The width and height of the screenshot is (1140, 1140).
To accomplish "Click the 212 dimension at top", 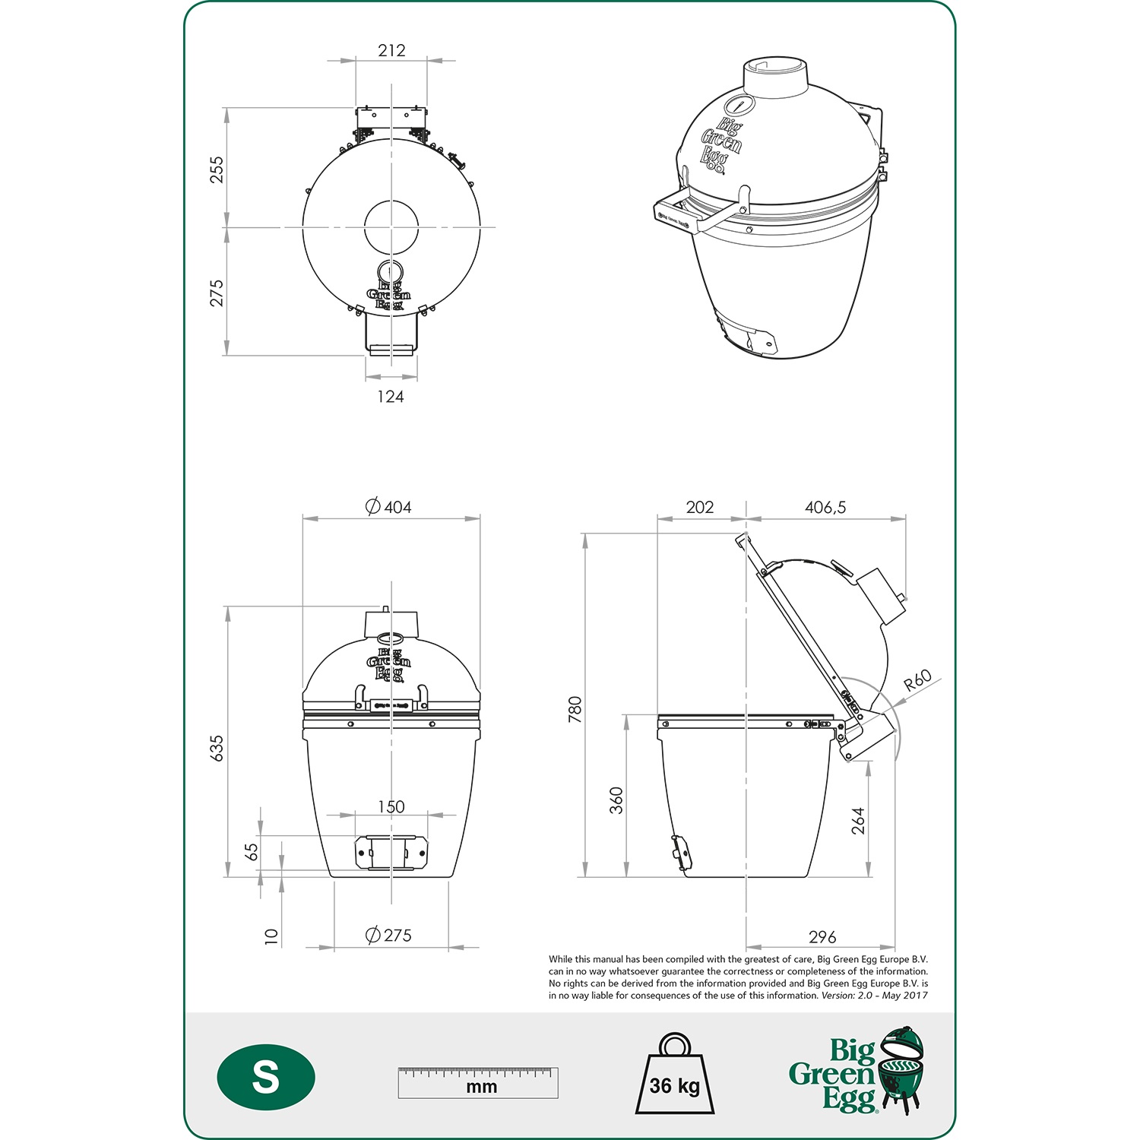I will pos(391,50).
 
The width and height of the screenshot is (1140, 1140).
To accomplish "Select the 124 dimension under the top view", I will pos(391,396).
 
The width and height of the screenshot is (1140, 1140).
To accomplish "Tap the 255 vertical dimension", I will pos(217,169).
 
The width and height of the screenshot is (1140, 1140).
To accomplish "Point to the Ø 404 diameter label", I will pos(389,507).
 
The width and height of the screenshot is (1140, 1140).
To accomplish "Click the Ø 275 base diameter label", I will pos(389,936).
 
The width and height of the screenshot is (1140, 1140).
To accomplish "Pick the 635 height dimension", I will pos(217,748).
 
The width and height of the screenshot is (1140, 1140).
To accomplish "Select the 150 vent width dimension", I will pos(391,806).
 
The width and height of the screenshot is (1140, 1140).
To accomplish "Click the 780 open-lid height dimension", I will pos(575,708).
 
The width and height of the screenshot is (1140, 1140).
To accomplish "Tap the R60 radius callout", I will pos(917,679).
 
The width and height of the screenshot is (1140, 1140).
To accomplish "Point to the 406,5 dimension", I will pos(825,507).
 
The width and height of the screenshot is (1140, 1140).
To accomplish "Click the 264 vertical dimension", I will pos(858,821).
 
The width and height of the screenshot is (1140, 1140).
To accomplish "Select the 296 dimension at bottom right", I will pos(822,937).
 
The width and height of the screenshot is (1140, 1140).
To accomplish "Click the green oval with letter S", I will pos(266,1078).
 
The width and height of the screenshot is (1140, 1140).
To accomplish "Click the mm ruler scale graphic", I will pos(478,1082).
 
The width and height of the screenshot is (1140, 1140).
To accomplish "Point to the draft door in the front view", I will pos(391,853).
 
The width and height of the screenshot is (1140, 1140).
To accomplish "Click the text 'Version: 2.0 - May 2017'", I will pos(874,996).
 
